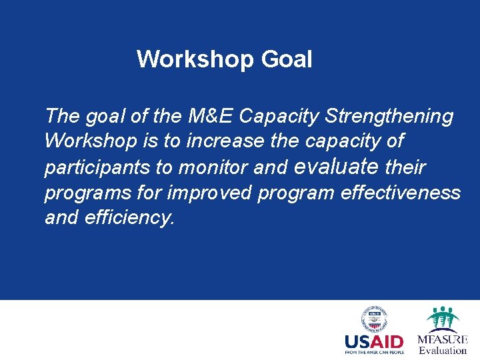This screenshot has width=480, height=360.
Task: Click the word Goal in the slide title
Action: tap(287, 60)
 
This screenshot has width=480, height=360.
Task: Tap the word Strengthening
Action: tap(389, 116)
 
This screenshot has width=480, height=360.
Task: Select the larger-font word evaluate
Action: tap(336, 166)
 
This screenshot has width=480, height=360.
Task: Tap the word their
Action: tap(405, 167)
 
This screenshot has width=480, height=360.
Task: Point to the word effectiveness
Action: tap(400, 193)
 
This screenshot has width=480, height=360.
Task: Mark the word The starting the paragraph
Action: tap(62, 116)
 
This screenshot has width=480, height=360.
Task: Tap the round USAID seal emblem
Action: tap(374, 319)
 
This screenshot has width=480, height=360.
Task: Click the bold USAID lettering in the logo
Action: tap(374, 342)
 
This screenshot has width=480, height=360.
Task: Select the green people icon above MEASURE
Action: tap(442, 317)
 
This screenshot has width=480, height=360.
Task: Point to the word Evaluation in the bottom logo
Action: tap(443, 351)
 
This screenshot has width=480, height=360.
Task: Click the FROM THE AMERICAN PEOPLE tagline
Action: tap(374, 352)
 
